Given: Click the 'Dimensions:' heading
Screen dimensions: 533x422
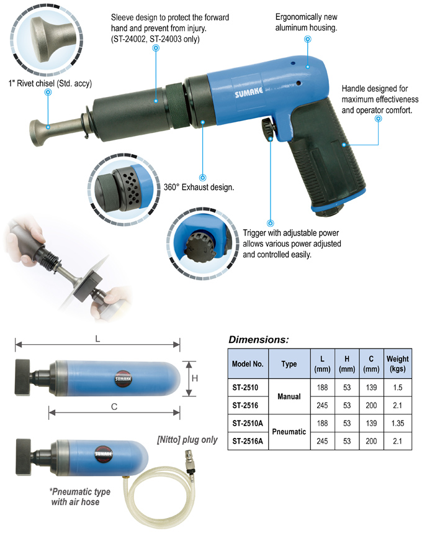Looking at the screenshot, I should [258, 340].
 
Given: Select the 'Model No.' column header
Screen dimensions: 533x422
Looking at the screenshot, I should [248, 363].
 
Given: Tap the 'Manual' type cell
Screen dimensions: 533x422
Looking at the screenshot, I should [289, 396].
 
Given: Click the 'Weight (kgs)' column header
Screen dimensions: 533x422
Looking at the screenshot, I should [397, 363].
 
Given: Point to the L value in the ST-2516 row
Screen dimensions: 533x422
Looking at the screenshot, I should [321, 406].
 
